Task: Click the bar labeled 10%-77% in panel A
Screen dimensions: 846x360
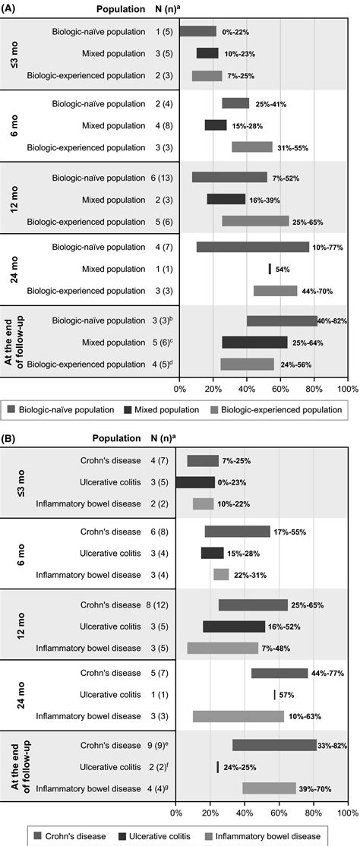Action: pyautogui.click(x=252, y=247)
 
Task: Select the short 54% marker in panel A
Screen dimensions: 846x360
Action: pyautogui.click(x=270, y=269)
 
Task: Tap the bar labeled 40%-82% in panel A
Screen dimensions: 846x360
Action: pyautogui.click(x=282, y=321)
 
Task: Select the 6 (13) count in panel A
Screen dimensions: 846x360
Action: pyautogui.click(x=161, y=177)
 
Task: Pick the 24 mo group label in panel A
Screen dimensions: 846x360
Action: pyautogui.click(x=14, y=268)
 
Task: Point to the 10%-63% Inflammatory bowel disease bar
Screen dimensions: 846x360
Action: pyautogui.click(x=238, y=716)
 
